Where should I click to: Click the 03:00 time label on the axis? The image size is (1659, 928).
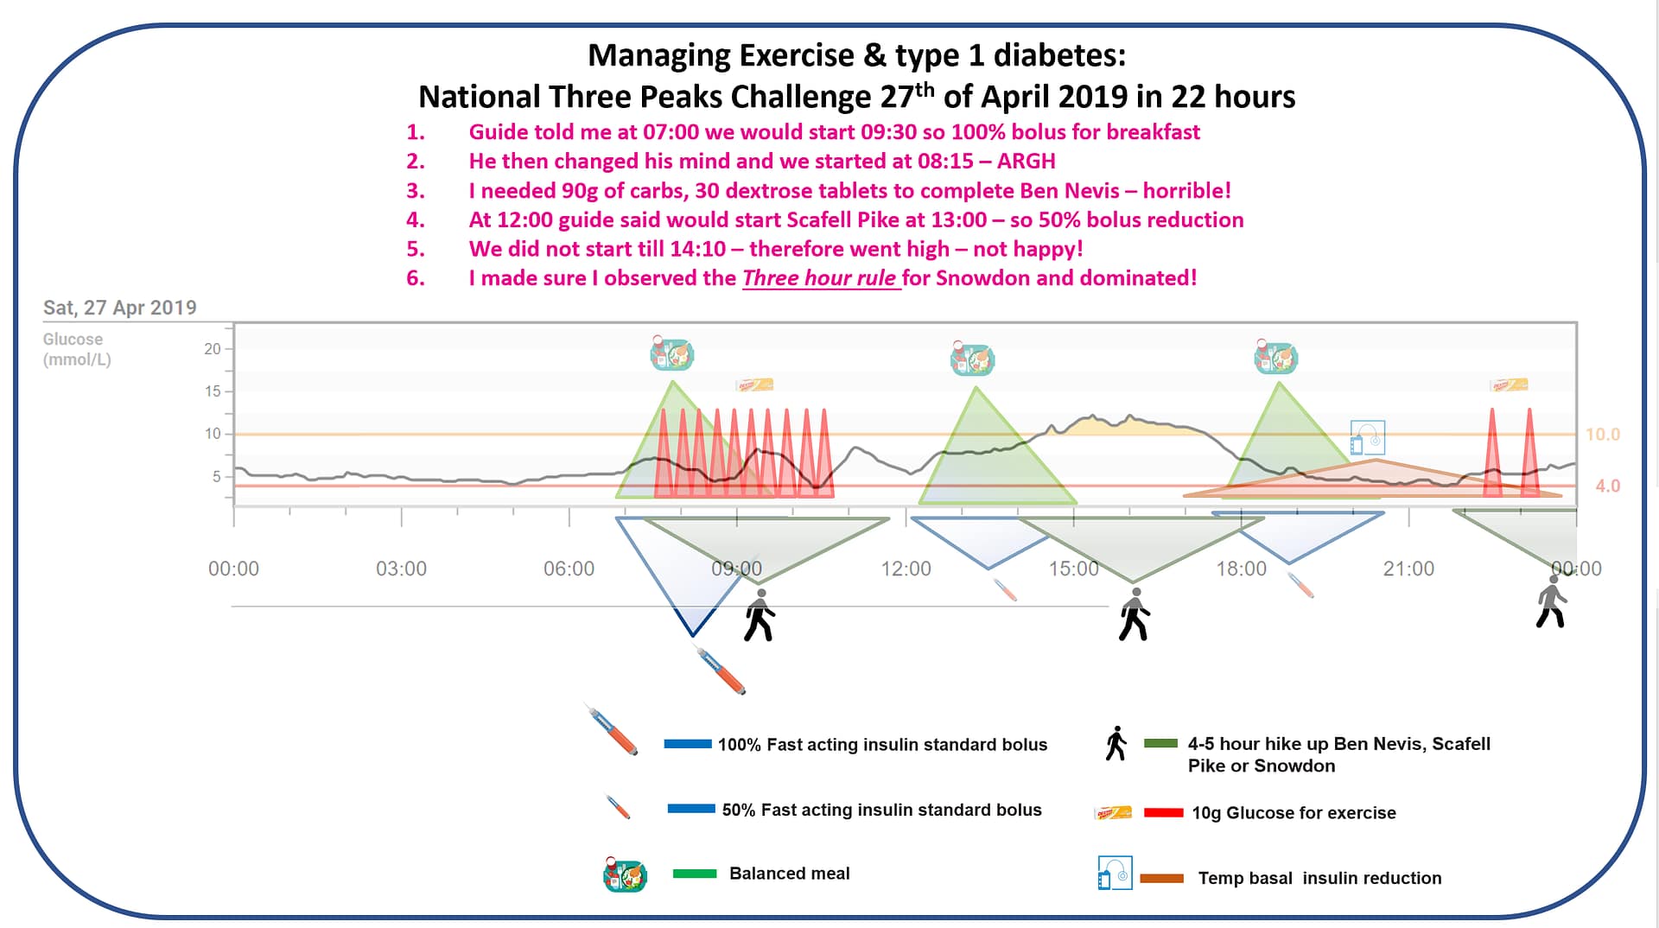tap(401, 569)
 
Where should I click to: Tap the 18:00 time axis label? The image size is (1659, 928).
tap(1241, 569)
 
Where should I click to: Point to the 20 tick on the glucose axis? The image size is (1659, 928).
tap(212, 349)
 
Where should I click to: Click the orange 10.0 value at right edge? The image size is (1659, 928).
tap(1602, 435)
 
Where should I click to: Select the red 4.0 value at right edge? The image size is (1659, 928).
tap(1606, 486)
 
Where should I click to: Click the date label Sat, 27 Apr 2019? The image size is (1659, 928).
tap(119, 308)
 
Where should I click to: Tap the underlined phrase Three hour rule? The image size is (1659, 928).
tap(819, 278)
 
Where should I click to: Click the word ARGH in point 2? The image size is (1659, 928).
tap(1026, 162)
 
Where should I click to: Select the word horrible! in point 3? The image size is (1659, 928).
tap(1186, 191)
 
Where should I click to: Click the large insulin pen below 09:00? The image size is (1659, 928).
tap(721, 671)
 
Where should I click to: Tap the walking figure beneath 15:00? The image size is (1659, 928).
tap(1134, 614)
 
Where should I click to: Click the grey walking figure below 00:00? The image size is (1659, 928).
tap(1551, 601)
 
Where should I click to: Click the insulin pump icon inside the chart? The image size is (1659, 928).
tap(1367, 438)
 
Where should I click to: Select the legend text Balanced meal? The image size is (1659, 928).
tap(789, 874)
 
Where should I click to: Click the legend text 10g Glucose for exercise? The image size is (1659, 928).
tap(1293, 813)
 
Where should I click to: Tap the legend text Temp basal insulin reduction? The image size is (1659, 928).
tap(1319, 879)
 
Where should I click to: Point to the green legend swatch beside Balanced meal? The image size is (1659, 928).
tap(694, 874)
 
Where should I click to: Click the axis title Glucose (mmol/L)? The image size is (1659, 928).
tap(76, 350)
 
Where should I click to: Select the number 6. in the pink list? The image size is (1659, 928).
tap(416, 278)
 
